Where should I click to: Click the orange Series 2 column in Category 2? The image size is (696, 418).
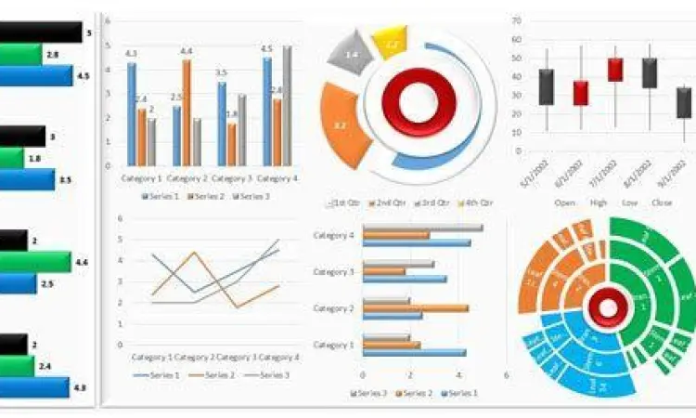(187, 111)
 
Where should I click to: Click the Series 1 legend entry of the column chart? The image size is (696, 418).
(160, 197)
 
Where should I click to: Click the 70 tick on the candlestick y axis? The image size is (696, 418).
(516, 18)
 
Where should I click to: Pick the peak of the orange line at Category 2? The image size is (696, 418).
(193, 252)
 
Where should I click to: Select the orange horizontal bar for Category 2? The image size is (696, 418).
(415, 307)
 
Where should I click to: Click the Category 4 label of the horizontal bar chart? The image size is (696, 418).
(334, 236)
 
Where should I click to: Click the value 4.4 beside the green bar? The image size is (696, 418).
(82, 263)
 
